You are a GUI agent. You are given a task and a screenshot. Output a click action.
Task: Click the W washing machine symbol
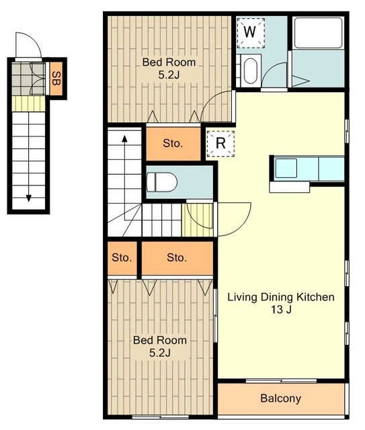click(251, 33)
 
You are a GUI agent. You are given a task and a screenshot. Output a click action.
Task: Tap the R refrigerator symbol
click(220, 143)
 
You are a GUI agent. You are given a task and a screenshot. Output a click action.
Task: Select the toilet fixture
click(161, 182)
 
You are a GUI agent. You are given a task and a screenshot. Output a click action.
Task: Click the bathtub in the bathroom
click(318, 33)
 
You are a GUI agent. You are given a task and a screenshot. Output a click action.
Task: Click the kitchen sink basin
click(286, 168)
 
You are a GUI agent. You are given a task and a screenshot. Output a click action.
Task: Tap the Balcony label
click(280, 398)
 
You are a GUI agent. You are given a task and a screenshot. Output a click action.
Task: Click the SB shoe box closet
click(57, 79)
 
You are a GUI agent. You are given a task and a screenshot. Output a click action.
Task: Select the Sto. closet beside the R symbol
click(173, 143)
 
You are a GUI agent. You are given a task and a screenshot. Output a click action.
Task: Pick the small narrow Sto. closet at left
click(122, 258)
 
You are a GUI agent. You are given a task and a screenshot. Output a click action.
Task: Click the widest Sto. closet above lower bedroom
click(177, 258)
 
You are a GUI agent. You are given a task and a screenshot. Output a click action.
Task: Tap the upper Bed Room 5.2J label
click(169, 69)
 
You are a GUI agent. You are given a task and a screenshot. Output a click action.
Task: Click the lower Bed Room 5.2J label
click(160, 346)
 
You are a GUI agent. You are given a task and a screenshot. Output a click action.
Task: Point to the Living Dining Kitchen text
click(281, 297)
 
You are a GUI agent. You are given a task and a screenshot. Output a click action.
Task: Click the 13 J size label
click(281, 310)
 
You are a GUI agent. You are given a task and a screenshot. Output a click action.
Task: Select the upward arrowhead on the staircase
click(124, 138)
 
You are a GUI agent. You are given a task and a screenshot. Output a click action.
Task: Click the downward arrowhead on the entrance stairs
click(28, 198)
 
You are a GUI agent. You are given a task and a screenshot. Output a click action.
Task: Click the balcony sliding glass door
click(281, 381)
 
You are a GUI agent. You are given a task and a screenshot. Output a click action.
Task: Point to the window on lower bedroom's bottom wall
click(160, 417)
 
